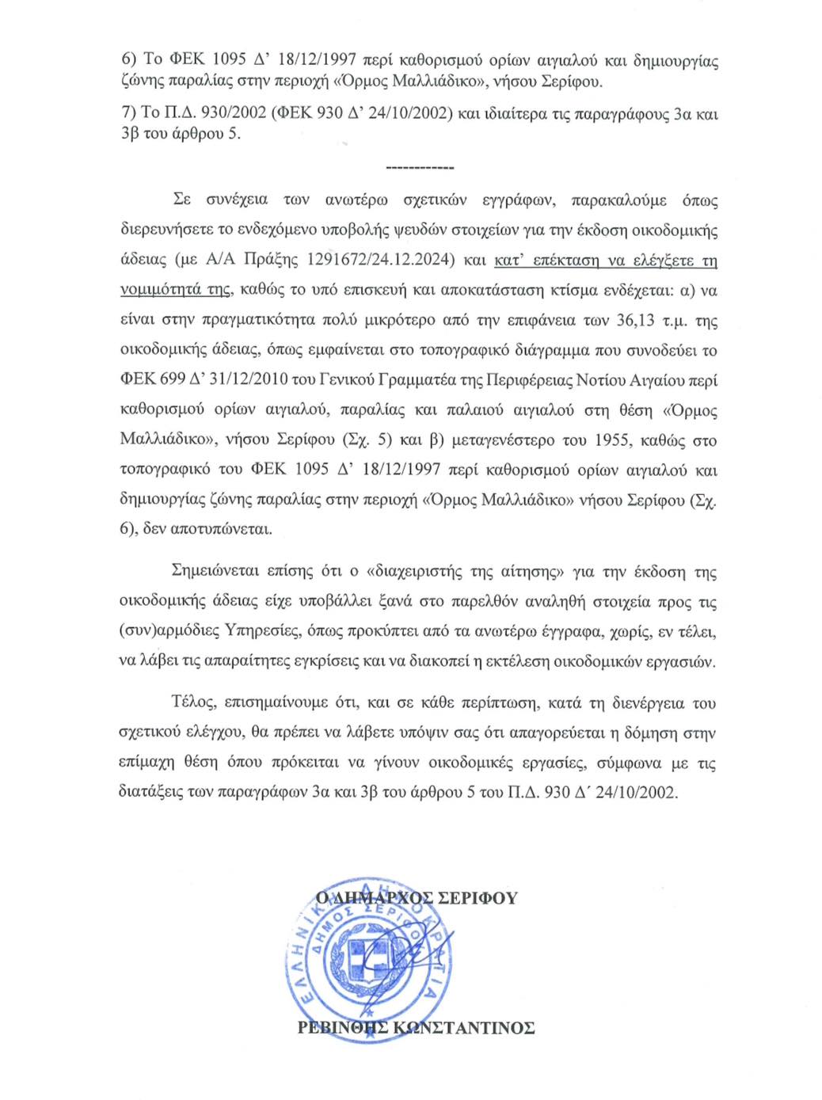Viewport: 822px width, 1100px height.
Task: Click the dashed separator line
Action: [419, 168]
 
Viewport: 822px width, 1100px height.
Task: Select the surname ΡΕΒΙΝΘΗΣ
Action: [342, 1028]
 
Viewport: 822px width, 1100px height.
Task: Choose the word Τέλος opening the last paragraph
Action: [192, 702]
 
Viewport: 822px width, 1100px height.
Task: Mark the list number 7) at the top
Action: [128, 113]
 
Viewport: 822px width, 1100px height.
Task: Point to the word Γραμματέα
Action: [418, 380]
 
